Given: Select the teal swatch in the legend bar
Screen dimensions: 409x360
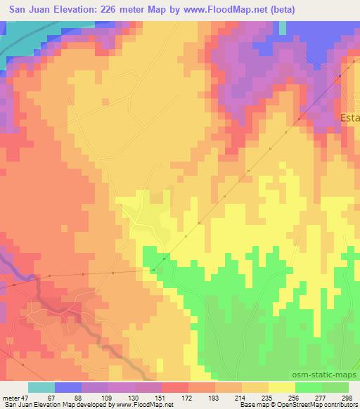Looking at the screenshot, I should click(41, 387).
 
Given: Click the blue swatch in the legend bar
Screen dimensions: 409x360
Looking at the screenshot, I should click(68, 387).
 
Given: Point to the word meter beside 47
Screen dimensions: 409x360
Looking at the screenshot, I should click(10, 398).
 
